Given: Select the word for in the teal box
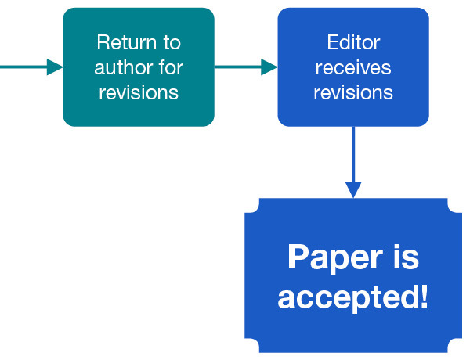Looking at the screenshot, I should click(171, 67).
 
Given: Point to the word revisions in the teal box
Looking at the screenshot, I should click(139, 92).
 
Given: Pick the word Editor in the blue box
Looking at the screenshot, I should click(353, 42).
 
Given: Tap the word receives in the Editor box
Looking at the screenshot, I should click(353, 67).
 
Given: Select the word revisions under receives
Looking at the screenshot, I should click(353, 92).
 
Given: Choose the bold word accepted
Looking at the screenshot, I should click(347, 297).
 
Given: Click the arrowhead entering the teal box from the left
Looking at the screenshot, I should click(54, 67).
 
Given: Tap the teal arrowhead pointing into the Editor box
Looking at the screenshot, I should click(269, 67).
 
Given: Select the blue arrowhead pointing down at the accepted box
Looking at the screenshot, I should click(353, 189).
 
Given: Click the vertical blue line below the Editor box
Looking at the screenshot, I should click(353, 153).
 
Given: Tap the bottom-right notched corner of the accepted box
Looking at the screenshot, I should click(454, 346).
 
